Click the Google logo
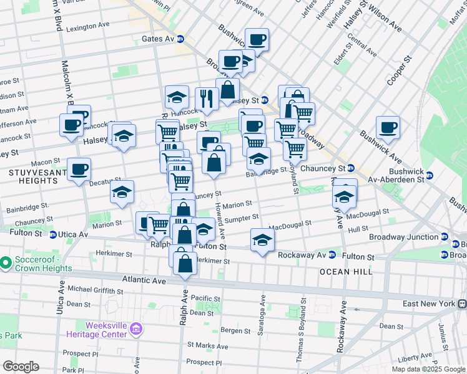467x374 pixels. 21,367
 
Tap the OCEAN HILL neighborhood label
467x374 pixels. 346,272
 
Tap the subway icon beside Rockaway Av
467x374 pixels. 332,255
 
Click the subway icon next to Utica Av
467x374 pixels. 54,234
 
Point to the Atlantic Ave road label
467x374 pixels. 144,281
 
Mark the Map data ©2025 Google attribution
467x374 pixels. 428,368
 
